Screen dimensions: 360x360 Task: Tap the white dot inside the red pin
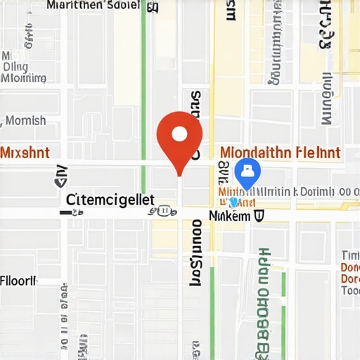click(179, 133)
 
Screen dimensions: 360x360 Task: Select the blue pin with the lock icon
click(247, 172)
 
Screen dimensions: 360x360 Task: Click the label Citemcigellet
click(109, 199)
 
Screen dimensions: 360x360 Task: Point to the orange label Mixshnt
click(25, 153)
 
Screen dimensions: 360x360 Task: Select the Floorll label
click(18, 281)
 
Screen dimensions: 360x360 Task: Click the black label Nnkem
click(229, 216)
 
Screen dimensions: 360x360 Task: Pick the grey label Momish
click(26, 120)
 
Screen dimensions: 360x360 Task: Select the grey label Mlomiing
click(23, 79)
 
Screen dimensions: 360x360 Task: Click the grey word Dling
click(15, 67)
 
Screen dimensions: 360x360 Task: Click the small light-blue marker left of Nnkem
click(233, 202)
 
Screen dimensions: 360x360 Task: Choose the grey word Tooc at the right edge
click(350, 290)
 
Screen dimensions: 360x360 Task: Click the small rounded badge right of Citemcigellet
click(164, 210)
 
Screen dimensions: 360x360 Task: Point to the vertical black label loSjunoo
click(196, 252)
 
